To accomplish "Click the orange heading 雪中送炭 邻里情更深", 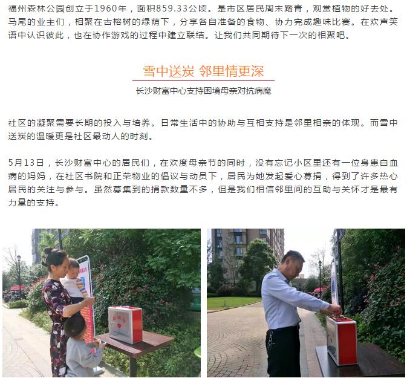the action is click(x=203, y=71).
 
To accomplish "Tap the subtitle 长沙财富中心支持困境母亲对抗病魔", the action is click(x=203, y=91).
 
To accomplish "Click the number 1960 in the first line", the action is click(x=105, y=8).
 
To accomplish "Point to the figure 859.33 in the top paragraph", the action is click(x=172, y=8).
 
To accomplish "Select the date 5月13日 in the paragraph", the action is click(x=26, y=163).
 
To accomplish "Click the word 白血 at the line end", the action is click(x=389, y=163).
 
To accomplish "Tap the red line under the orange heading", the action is click(x=203, y=80).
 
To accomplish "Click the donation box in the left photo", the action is click(x=125, y=324).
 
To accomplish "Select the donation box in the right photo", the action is click(x=342, y=340).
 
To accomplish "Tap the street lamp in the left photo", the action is click(x=19, y=278).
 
